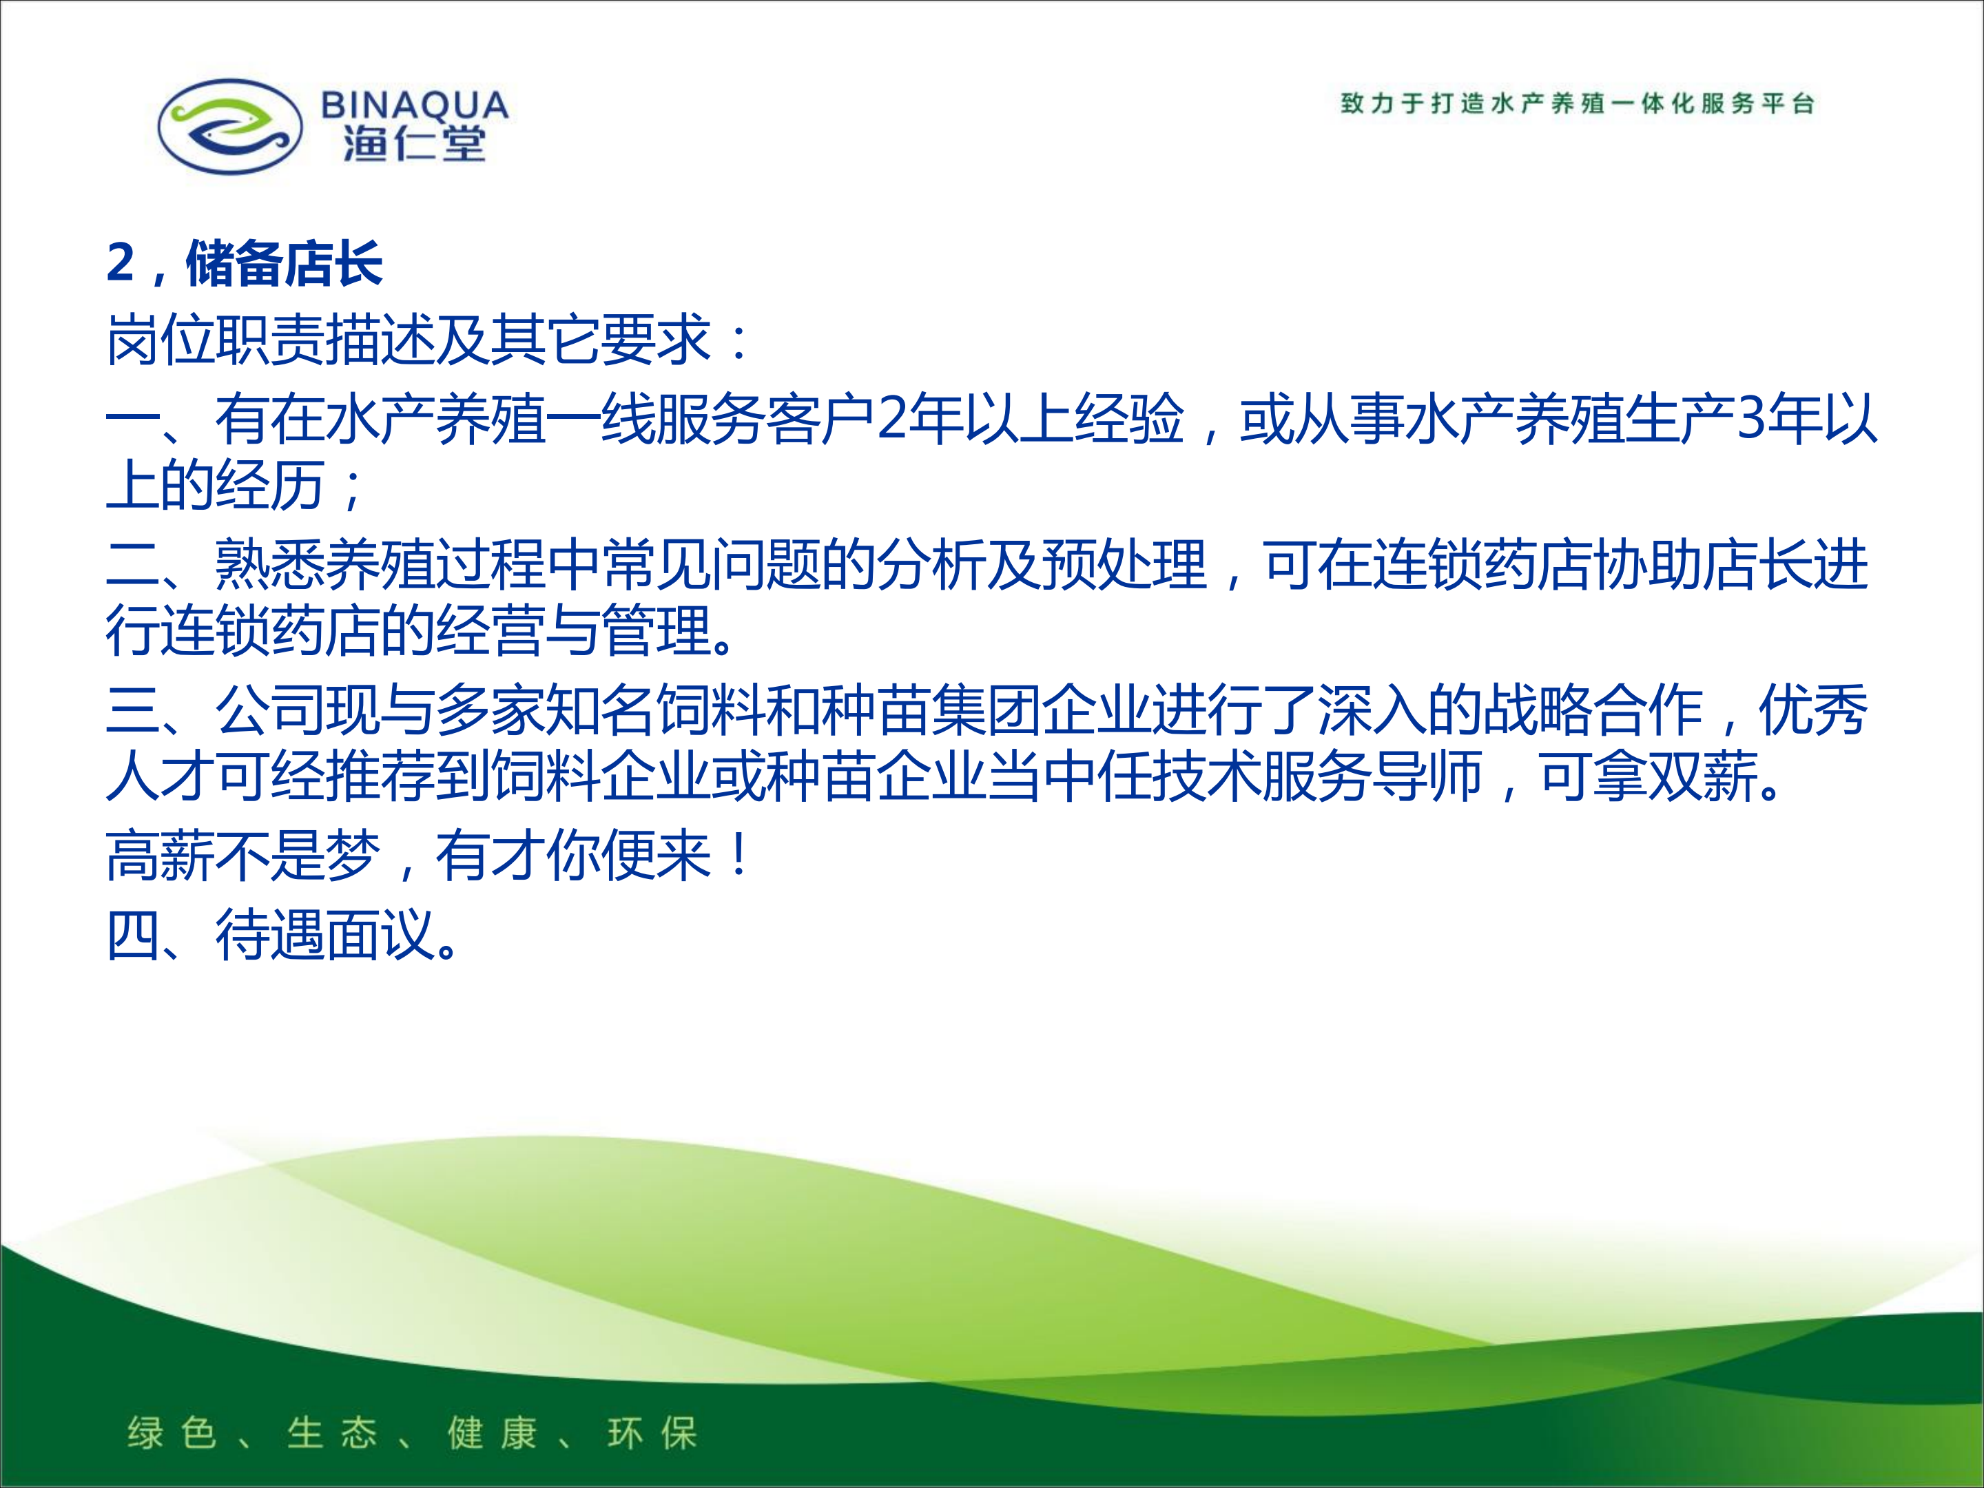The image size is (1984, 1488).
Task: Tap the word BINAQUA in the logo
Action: coord(415,106)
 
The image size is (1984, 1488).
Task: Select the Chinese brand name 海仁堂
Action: coord(415,143)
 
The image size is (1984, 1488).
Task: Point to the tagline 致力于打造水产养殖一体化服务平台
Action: coord(1578,103)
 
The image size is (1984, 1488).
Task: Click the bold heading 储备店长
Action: coord(285,264)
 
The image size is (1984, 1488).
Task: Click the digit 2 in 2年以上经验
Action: coord(891,418)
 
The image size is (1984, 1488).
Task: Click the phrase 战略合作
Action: coord(1593,709)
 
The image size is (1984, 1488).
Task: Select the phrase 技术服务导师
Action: coord(1316,775)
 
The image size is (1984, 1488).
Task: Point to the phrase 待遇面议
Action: coord(324,935)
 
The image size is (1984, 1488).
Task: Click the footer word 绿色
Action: coord(173,1432)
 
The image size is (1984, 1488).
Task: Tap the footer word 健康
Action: coord(493,1432)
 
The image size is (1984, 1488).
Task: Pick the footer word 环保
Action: coord(652,1432)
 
